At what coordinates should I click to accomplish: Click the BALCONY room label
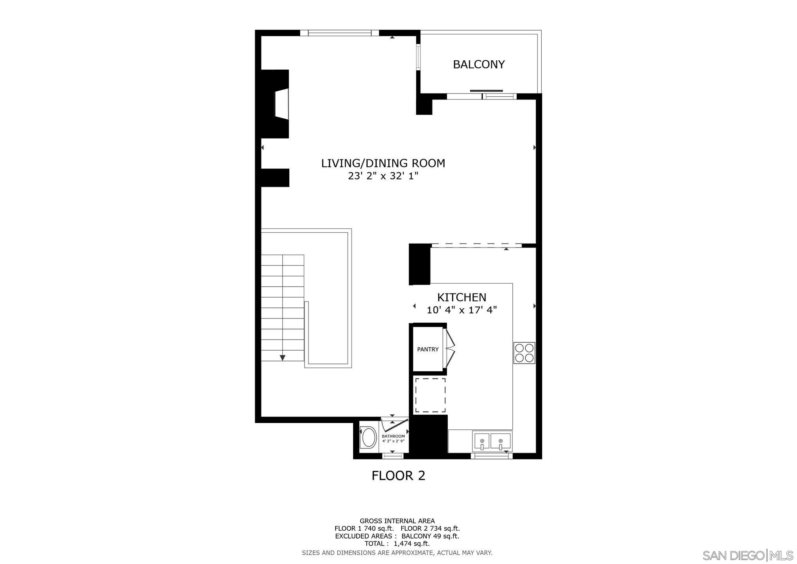(479, 64)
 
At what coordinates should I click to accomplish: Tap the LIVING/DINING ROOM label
(383, 163)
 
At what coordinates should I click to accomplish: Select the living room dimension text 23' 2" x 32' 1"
(383, 176)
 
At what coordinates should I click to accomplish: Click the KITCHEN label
(462, 297)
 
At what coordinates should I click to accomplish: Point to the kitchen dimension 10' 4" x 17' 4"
(462, 310)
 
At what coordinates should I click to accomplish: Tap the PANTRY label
(428, 349)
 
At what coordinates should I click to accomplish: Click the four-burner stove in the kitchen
(524, 353)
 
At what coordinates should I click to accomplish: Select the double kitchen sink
(492, 441)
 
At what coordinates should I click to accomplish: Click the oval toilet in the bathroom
(368, 437)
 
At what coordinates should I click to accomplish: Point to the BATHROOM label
(393, 436)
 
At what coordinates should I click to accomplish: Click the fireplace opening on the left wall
(282, 103)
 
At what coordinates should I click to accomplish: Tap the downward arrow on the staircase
(282, 358)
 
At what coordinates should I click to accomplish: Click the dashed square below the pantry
(430, 395)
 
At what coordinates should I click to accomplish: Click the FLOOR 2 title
(398, 475)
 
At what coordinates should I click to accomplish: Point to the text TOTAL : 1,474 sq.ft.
(397, 544)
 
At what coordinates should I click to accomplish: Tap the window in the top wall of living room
(339, 33)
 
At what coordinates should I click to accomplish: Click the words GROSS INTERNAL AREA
(397, 521)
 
